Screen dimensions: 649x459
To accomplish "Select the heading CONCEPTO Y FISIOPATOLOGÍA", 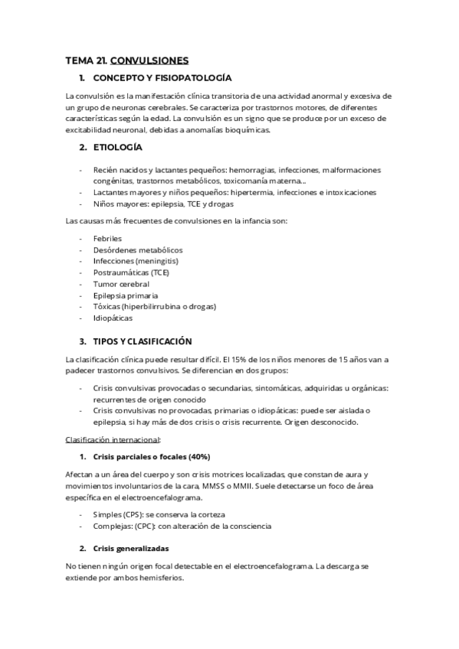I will coord(162,79).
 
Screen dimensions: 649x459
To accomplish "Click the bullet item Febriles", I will coord(107,238).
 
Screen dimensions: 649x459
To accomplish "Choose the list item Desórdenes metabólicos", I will coord(138,249).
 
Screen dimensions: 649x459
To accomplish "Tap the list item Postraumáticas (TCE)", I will coord(131,272).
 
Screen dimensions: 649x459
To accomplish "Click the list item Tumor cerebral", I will coord(121,284).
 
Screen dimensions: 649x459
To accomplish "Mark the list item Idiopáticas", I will coord(113,318).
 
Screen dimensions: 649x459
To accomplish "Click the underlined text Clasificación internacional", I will coord(113,440).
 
